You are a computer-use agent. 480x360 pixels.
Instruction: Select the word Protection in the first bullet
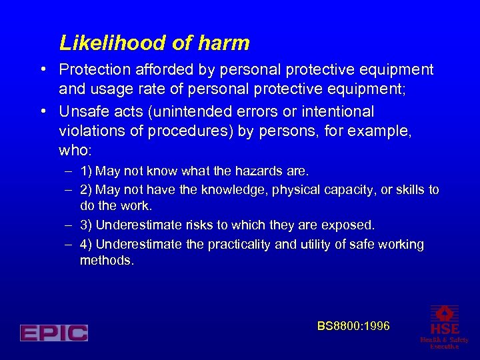pyautogui.click(x=92, y=69)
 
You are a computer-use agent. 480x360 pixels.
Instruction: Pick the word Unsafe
pyautogui.click(x=81, y=111)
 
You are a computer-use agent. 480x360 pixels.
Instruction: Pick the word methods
pyautogui.click(x=107, y=260)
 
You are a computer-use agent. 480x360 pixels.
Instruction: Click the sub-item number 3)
pyautogui.click(x=86, y=226)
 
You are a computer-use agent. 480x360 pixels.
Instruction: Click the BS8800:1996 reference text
pyautogui.click(x=353, y=326)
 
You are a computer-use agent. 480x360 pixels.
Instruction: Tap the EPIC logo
pyautogui.click(x=54, y=333)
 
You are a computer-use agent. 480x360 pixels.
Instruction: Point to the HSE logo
pyautogui.click(x=444, y=325)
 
